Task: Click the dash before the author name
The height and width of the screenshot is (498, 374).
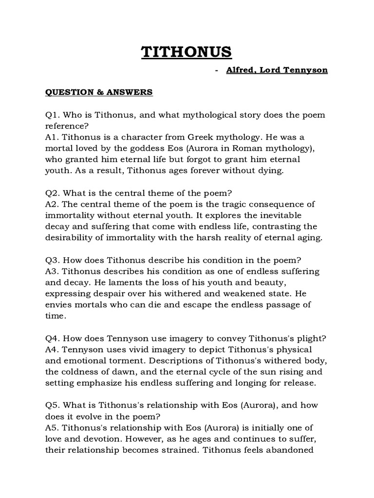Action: (216, 71)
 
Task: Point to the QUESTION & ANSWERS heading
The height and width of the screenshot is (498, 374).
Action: (99, 92)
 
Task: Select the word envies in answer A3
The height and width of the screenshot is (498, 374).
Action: (58, 305)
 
